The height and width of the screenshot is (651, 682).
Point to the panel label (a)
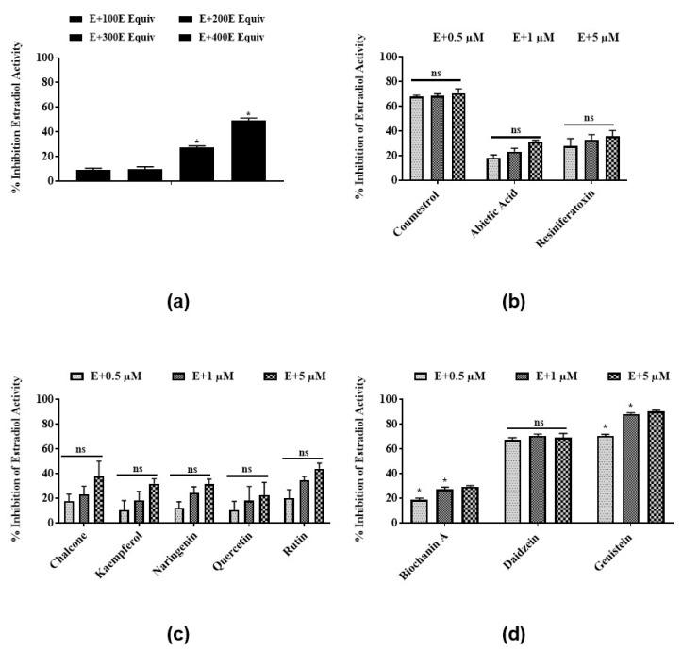click(x=176, y=302)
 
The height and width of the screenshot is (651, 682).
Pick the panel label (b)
click(x=513, y=302)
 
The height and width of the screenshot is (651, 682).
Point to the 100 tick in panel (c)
click(x=42, y=399)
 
